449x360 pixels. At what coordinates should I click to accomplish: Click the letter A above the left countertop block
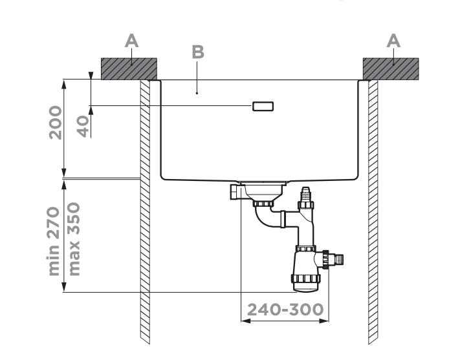(131, 40)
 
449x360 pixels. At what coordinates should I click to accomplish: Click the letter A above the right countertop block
(393, 40)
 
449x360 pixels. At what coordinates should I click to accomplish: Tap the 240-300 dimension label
(285, 309)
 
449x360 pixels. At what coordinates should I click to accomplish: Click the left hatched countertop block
(129, 68)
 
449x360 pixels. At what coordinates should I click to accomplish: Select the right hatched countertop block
(391, 68)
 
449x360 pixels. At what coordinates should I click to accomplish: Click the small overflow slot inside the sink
(263, 106)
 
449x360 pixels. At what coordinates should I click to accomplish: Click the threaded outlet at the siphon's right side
(336, 260)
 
